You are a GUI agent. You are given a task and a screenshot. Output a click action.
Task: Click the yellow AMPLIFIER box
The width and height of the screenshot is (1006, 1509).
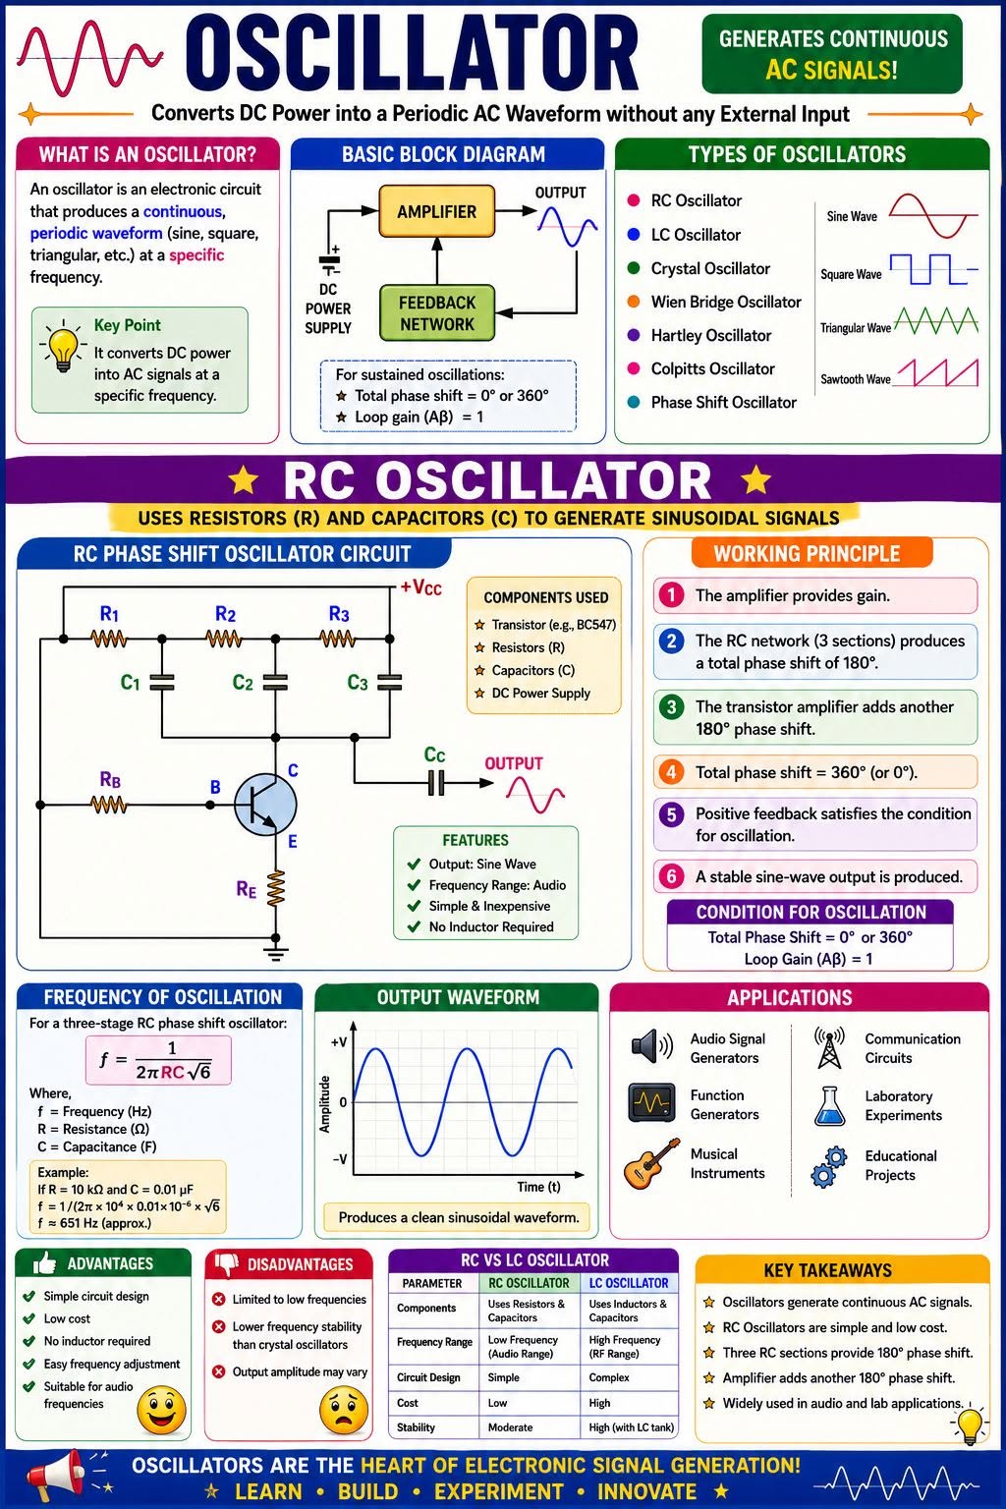coord(436,211)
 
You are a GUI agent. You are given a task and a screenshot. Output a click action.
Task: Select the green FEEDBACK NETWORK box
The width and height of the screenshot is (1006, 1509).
coord(436,313)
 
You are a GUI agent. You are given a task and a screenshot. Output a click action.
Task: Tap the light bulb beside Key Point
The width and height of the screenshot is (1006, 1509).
coord(63,346)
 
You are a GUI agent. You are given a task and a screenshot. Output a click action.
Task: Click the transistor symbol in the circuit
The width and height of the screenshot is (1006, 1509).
coord(265,805)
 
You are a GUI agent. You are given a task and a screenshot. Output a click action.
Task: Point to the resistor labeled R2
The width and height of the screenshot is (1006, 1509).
coord(224,638)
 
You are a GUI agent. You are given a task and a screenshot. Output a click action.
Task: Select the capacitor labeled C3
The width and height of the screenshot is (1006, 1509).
coord(389,683)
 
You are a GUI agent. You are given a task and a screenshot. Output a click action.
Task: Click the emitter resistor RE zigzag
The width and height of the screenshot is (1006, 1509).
coord(276,888)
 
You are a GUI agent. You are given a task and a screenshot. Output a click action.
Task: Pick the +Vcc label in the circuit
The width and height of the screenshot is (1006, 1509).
coord(421,587)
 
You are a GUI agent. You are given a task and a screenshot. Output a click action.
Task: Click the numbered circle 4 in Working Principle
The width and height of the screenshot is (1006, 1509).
coord(671,772)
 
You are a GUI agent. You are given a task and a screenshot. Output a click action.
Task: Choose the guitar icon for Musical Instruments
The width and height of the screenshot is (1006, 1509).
coord(651,1163)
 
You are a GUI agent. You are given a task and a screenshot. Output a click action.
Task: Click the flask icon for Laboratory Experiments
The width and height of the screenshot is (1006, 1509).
coord(829,1106)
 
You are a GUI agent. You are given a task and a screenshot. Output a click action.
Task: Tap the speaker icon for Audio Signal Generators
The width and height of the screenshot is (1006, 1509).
coord(651,1047)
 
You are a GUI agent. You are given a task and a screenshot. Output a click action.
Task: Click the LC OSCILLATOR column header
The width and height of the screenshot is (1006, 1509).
coord(629,1283)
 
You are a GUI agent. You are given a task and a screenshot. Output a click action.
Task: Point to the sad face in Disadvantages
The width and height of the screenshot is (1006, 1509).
coord(344,1412)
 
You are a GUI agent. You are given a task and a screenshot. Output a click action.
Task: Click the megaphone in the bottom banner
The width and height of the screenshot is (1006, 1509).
coord(57,1476)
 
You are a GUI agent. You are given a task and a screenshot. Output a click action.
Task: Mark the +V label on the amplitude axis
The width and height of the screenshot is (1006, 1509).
coord(338,1042)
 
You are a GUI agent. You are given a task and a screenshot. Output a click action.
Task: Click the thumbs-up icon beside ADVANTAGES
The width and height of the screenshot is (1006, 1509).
coord(44,1263)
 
